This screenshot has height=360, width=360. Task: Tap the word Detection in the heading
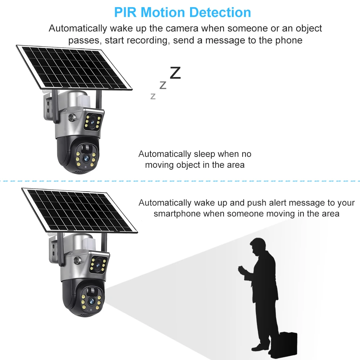(221, 12)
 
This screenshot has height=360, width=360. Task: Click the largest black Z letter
(175, 73)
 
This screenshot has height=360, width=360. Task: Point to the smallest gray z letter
(153, 96)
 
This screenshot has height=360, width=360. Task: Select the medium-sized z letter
(163, 85)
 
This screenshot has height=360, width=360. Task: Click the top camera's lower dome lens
(86, 158)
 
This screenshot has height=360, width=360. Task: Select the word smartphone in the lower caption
(177, 214)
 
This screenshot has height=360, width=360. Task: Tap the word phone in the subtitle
(288, 40)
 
